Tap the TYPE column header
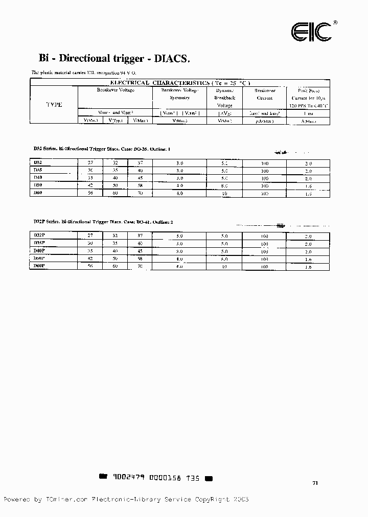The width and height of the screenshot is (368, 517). coord(54,104)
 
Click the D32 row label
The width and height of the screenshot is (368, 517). coord(38,162)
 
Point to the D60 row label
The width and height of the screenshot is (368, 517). coord(38,193)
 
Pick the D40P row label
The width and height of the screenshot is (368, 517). coord(39,251)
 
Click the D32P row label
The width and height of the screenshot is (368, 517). coord(39,235)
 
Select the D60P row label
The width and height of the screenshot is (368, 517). coord(39,266)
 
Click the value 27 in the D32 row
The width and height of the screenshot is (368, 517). coord(90,163)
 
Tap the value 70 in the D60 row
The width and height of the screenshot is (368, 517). coord(140,194)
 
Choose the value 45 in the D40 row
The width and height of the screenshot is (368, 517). coord(140,178)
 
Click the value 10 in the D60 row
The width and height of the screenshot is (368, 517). coord(224,194)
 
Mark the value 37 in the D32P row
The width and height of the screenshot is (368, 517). coord(140,236)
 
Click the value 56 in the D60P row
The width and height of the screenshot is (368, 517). coord(90,266)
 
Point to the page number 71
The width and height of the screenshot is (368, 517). coord(315,482)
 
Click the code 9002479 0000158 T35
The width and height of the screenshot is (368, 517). coord(156,478)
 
